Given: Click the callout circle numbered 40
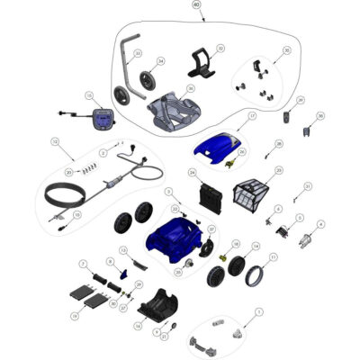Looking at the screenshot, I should coord(196,5).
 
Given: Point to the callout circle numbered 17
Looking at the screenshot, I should coord(253,117).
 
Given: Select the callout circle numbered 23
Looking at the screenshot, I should coord(278,171).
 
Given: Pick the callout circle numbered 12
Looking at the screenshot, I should coord(55,141).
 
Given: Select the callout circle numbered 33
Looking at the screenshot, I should coord(138,54).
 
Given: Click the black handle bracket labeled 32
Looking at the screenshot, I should coord(202,63).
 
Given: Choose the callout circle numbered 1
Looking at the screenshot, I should coord(259,311).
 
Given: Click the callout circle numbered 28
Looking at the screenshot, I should coord(279,143).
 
